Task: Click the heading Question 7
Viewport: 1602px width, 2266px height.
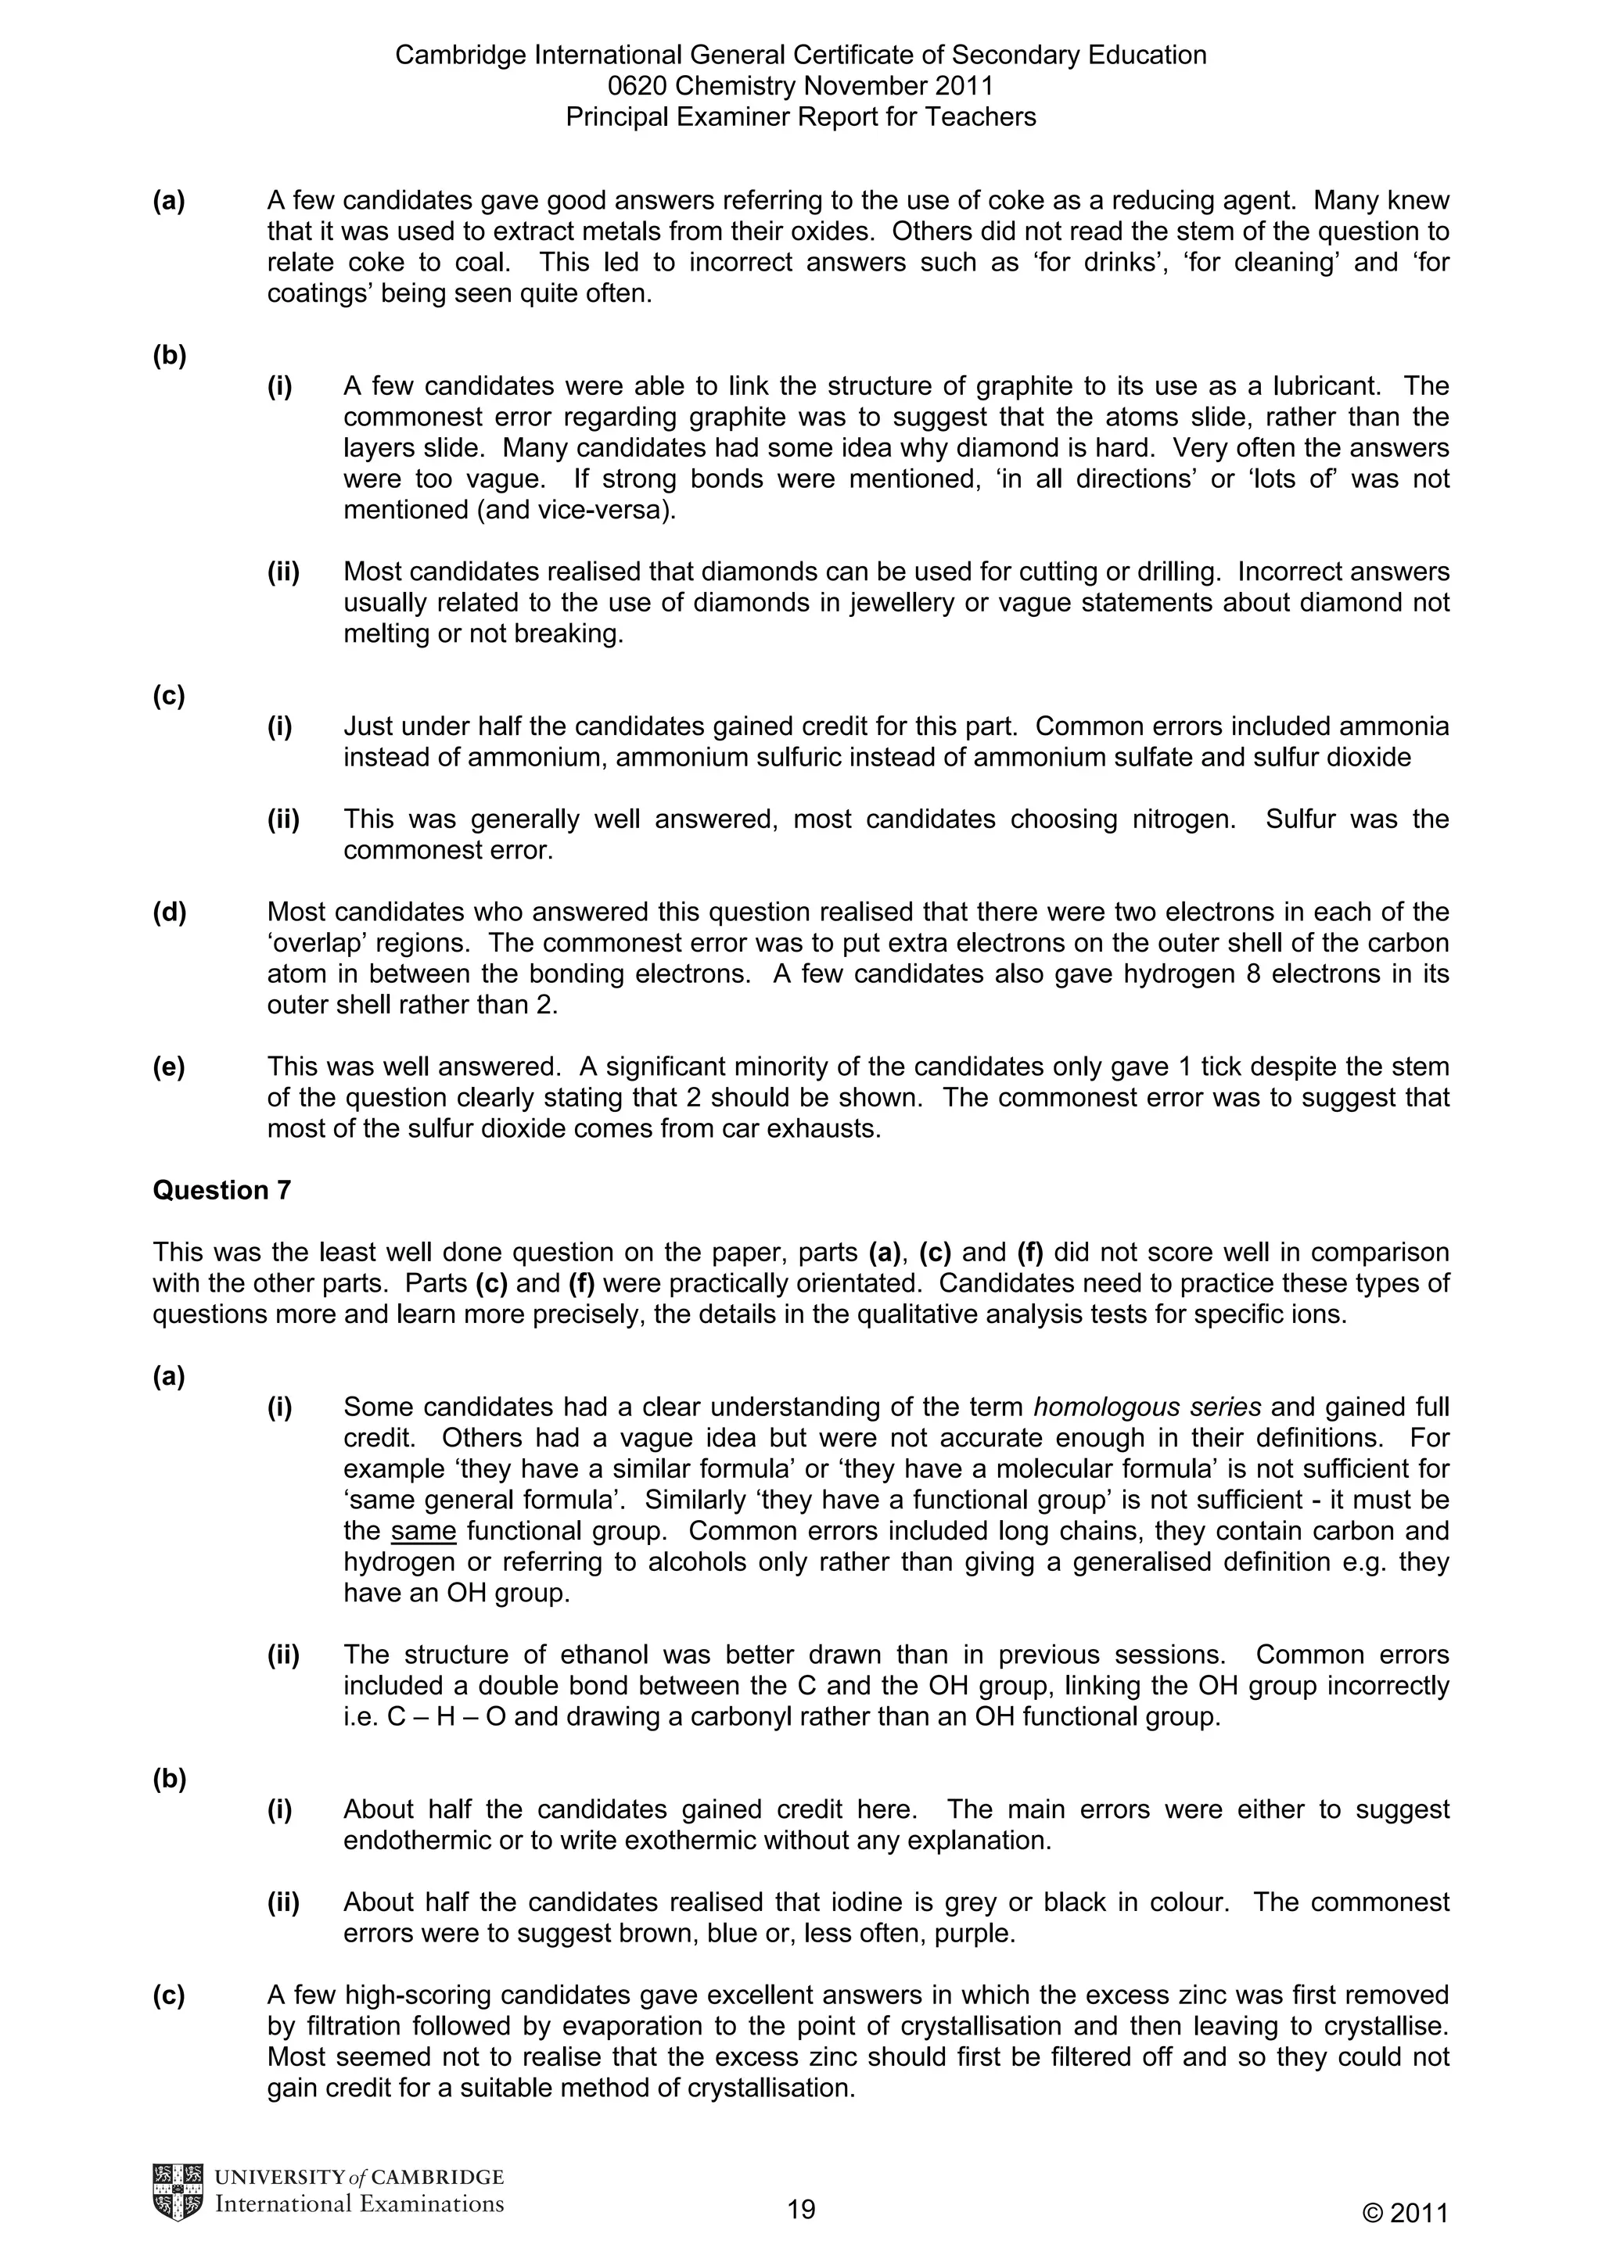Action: [x=222, y=1190]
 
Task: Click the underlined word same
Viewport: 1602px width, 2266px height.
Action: [x=423, y=1531]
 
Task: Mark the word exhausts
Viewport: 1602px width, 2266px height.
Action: [x=825, y=1128]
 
